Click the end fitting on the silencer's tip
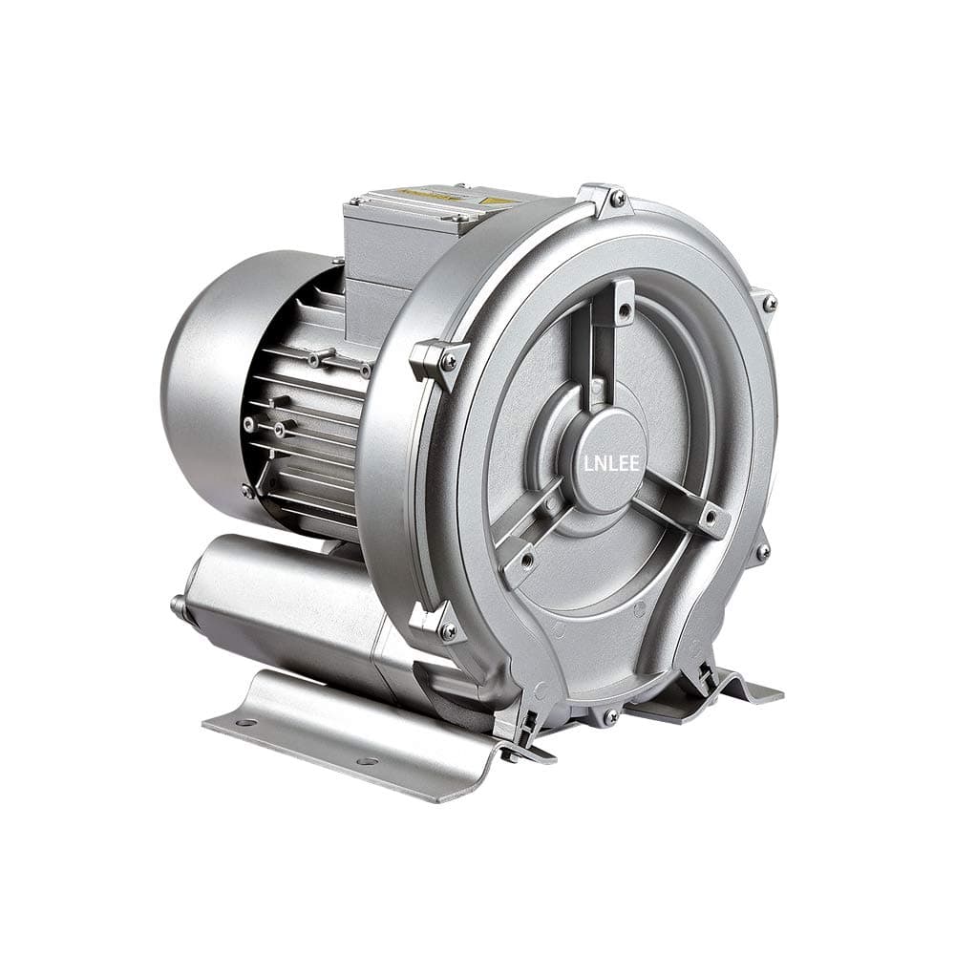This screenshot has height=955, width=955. [179, 605]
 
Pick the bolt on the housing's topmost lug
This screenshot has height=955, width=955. [617, 198]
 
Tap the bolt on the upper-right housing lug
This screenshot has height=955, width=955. [768, 304]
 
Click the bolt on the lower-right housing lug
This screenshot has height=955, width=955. [762, 552]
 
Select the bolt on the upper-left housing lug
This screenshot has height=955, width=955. [449, 361]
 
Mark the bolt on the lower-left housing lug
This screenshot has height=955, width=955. [447, 630]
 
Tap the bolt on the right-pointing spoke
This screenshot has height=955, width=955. [709, 519]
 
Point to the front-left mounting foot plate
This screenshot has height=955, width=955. [353, 740]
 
